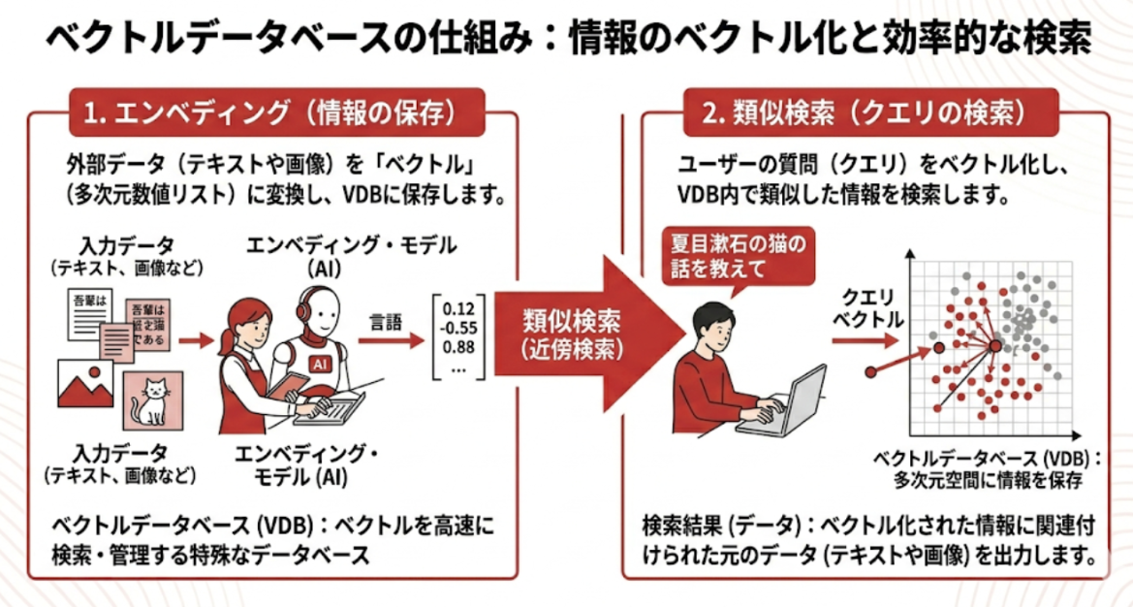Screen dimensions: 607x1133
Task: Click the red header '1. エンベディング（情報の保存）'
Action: click(275, 112)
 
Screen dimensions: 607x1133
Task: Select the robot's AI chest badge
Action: click(318, 362)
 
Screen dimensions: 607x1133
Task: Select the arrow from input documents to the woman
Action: click(196, 340)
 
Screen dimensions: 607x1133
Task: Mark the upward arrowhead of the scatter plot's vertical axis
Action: click(909, 255)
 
